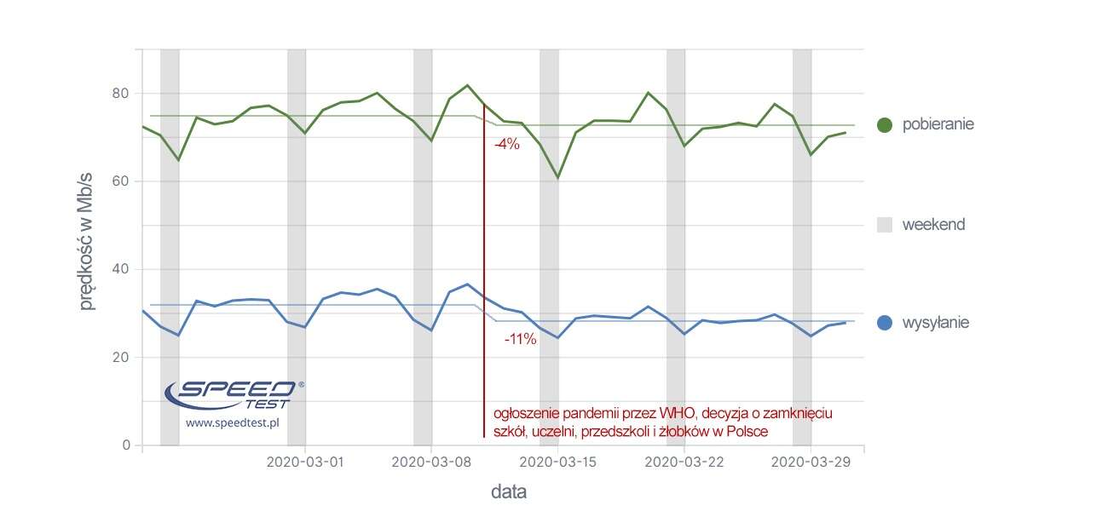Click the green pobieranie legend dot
click(884, 124)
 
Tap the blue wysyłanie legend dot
click(884, 323)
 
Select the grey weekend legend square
click(884, 225)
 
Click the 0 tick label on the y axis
click(126, 445)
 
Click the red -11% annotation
click(520, 340)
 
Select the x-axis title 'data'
click(508, 492)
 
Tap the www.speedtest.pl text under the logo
click(234, 422)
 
